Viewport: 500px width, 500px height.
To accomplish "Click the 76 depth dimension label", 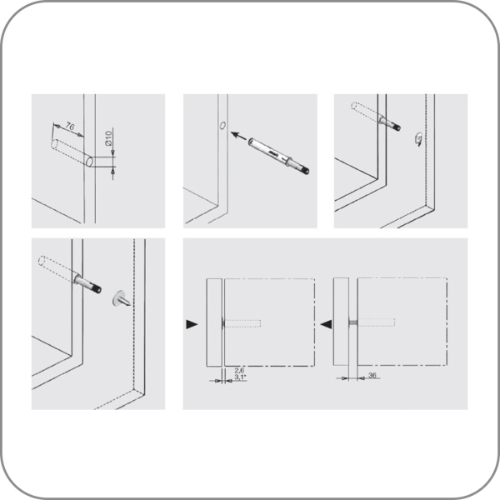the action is click(x=70, y=127).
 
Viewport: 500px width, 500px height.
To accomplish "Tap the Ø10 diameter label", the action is click(x=108, y=138).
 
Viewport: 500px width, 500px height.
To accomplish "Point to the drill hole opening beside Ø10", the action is click(x=90, y=162).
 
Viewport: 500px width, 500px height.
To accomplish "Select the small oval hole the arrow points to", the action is click(x=222, y=125).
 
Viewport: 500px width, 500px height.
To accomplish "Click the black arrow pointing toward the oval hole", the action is click(x=239, y=136).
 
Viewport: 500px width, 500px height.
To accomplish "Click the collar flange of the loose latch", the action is click(x=289, y=160).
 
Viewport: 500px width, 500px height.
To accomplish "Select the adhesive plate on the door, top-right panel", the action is click(x=418, y=139).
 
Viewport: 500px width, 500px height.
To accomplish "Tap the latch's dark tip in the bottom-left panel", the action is click(x=97, y=289).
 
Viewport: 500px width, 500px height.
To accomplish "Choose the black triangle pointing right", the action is click(x=192, y=324).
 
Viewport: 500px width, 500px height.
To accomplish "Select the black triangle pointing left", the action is click(x=326, y=324).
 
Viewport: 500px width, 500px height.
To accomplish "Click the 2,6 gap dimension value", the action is click(x=239, y=370).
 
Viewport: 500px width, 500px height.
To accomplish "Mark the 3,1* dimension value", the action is click(x=240, y=377).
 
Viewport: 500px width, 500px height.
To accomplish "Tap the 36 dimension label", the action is click(x=372, y=375).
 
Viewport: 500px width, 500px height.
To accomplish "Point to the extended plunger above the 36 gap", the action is click(x=353, y=322).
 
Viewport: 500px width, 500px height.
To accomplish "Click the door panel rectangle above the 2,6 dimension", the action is click(x=214, y=322).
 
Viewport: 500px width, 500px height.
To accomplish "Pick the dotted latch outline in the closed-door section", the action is click(x=243, y=323).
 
